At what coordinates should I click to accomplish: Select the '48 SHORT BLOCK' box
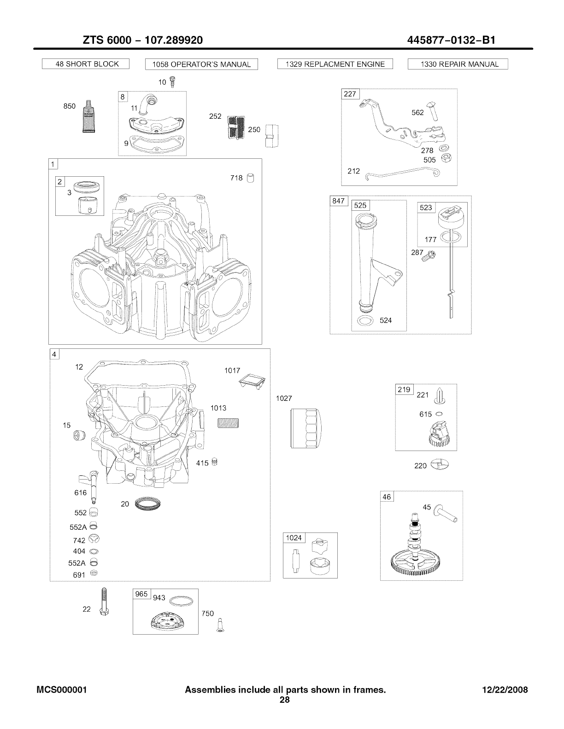[86, 64]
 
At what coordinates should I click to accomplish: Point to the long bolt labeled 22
[103, 603]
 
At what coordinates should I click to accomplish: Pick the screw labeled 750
[220, 626]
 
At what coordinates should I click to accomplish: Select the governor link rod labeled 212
[401, 173]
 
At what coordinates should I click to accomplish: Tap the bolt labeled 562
[434, 111]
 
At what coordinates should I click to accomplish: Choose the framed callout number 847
[339, 202]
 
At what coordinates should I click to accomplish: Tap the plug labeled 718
[251, 178]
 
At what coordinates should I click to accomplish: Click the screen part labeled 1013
[228, 422]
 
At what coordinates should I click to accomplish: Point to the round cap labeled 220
[439, 465]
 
